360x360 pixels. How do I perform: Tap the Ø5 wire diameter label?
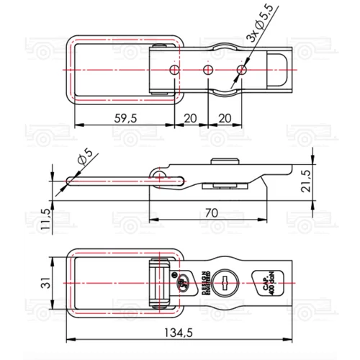pyautogui.click(x=81, y=157)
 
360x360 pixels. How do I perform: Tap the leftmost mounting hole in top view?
pyautogui.click(x=173, y=70)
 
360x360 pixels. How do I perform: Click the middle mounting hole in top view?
pyautogui.click(x=207, y=70)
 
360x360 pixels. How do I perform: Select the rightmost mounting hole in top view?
pyautogui.click(x=242, y=70)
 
